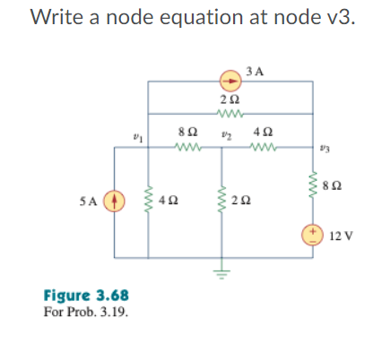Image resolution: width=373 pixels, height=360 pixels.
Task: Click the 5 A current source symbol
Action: [x=114, y=198]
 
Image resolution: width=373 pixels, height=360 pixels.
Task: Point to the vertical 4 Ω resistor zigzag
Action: [x=148, y=199]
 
